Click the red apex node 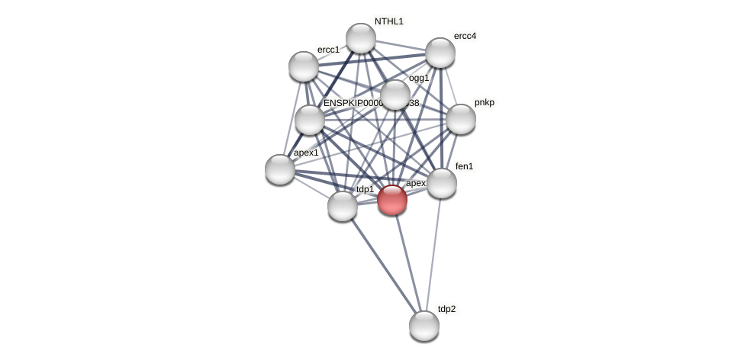click(x=392, y=200)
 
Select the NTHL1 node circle click(x=361, y=38)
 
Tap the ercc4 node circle click(x=440, y=53)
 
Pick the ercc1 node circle click(x=304, y=66)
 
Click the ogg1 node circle click(x=395, y=95)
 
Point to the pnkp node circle click(x=461, y=119)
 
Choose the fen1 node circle click(x=442, y=183)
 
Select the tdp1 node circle click(x=343, y=206)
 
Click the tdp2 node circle click(x=424, y=326)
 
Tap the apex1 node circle click(x=280, y=169)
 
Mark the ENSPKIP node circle click(x=310, y=120)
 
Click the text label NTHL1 click(x=389, y=21)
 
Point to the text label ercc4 click(x=465, y=36)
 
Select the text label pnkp click(x=485, y=102)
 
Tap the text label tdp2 click(x=446, y=309)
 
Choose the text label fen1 click(x=464, y=166)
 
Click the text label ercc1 click(x=328, y=50)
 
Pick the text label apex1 click(x=306, y=153)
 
